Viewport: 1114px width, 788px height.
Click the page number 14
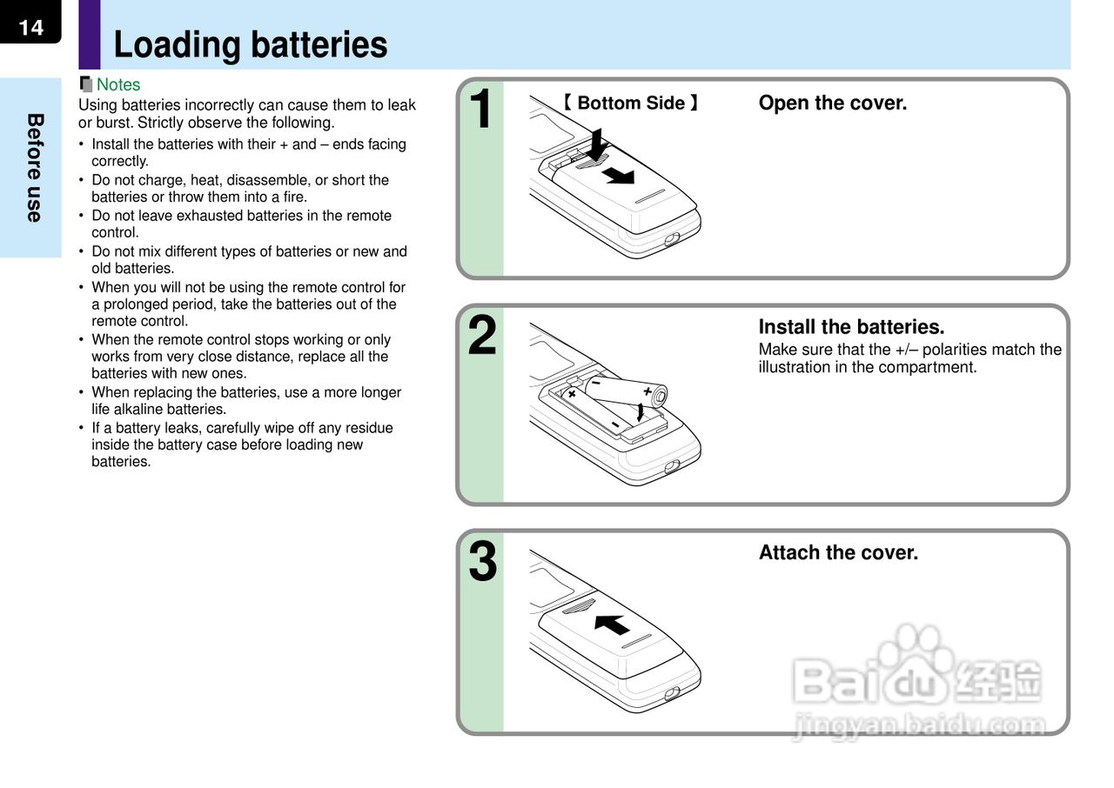point(30,27)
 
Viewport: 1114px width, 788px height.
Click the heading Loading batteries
point(251,44)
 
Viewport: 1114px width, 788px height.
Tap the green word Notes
point(117,84)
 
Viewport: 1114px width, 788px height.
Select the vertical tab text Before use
point(34,168)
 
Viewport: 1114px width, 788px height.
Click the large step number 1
point(481,110)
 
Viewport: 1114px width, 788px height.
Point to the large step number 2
point(482,337)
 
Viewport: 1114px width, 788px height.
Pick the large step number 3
point(482,562)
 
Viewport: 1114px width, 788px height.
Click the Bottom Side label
point(630,103)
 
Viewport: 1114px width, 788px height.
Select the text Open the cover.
point(832,103)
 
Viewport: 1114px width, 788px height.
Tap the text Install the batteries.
point(851,327)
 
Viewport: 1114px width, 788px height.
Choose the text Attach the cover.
point(838,552)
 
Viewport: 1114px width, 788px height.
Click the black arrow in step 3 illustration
point(613,624)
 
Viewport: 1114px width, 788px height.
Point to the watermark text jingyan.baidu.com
point(919,725)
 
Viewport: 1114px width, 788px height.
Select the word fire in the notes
point(293,197)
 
